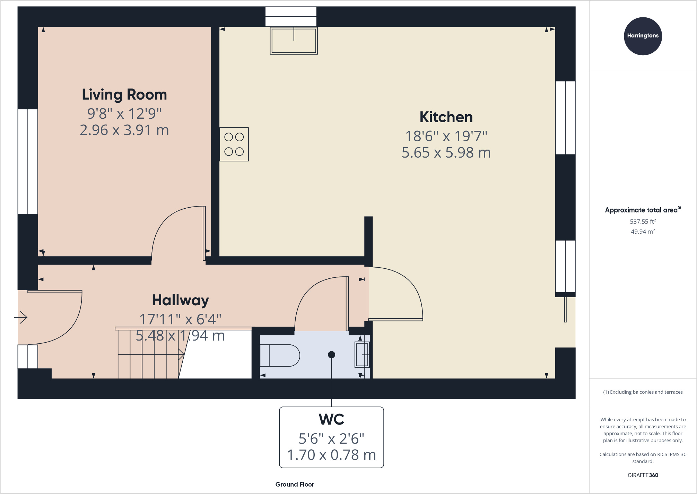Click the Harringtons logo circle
(643, 36)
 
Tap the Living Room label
(124, 95)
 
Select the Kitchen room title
(446, 117)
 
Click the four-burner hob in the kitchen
(234, 144)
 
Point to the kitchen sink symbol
(294, 41)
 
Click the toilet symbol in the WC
(279, 355)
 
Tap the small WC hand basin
(362, 354)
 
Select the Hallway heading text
(180, 300)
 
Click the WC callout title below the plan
(331, 419)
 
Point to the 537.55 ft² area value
(643, 221)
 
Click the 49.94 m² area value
(643, 232)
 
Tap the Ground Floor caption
(295, 484)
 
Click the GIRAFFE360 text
(643, 475)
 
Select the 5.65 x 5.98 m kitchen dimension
(446, 153)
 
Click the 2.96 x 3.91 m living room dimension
(124, 131)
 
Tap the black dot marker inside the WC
(331, 354)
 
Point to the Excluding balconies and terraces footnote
(643, 392)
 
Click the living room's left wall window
(28, 161)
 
